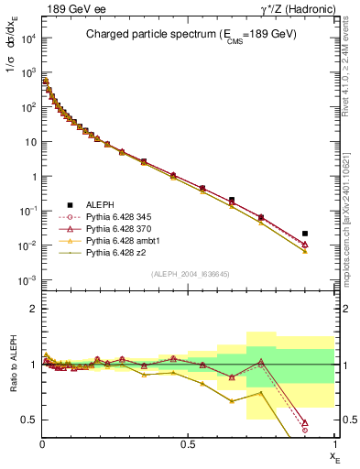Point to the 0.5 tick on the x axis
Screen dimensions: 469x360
click(x=189, y=445)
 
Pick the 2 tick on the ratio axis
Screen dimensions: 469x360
click(x=33, y=309)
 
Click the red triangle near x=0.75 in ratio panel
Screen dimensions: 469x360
click(x=261, y=362)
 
